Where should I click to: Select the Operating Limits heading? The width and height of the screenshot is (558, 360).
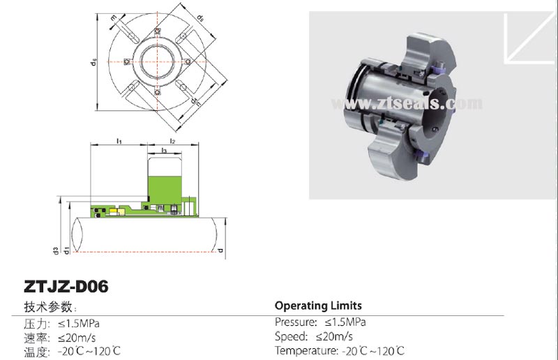318,306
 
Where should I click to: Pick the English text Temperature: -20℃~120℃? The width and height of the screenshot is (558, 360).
339,351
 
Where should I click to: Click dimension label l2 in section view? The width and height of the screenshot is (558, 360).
172,142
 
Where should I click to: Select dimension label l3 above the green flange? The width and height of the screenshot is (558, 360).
163,151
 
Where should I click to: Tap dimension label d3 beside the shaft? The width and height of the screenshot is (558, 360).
54,249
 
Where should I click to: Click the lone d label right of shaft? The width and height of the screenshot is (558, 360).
221,249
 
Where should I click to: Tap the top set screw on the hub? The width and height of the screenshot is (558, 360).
158,31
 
